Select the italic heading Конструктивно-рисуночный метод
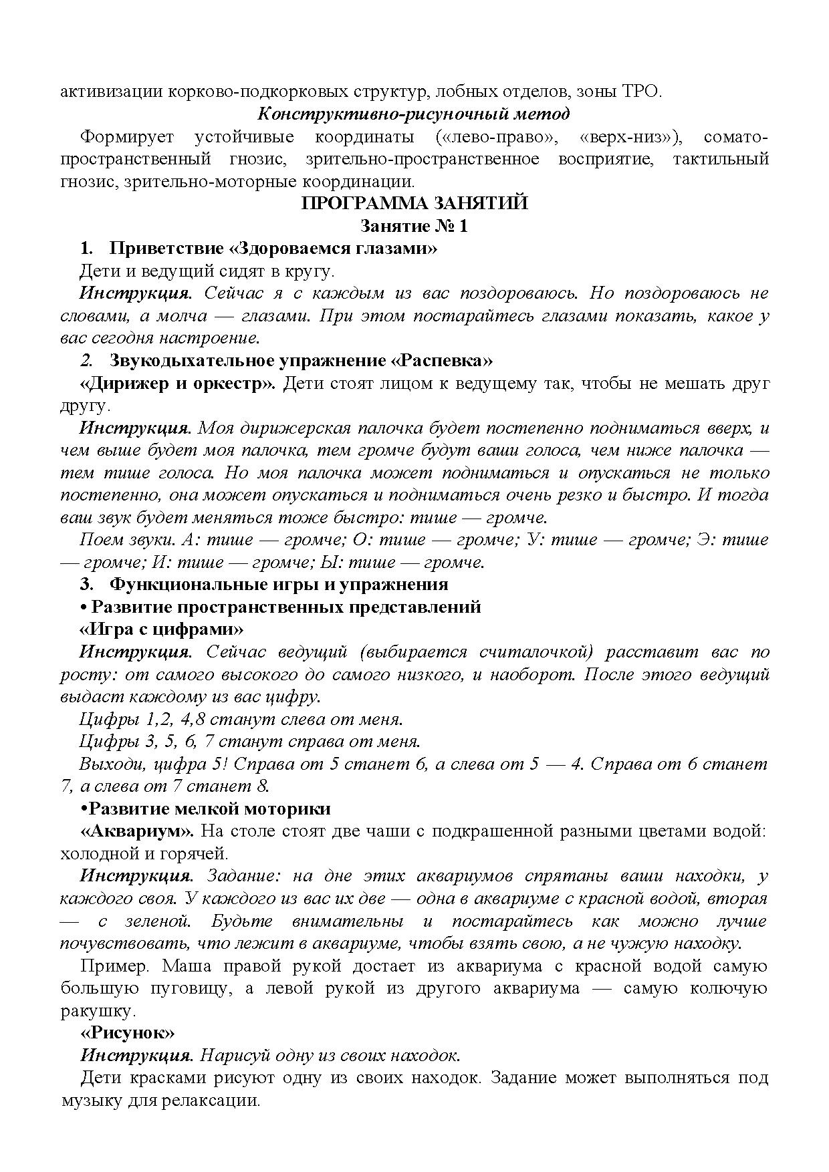414,114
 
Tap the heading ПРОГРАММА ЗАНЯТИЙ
414,203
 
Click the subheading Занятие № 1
414,226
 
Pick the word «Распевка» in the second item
441,361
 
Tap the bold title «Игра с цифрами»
162,629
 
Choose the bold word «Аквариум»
137,831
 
